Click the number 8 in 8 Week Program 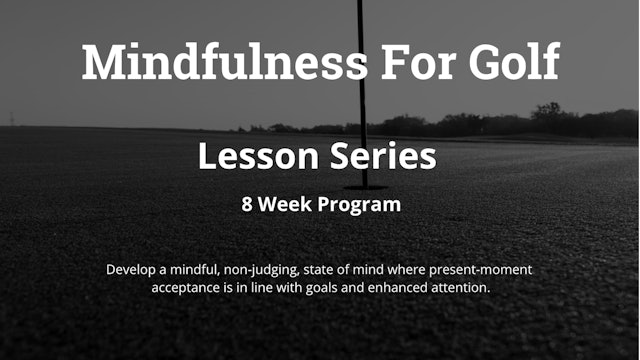coord(246,205)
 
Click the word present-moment coord(484,270)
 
